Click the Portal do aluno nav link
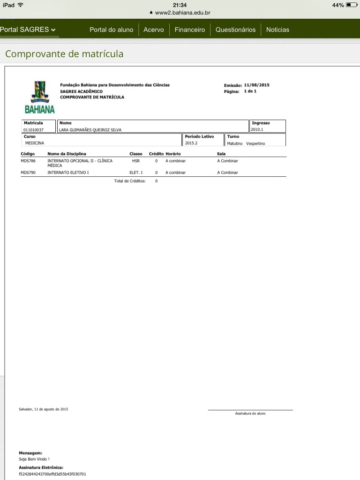coord(111,30)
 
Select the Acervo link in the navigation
coord(154,30)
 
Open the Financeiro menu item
coord(189,30)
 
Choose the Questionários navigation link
coord(235,30)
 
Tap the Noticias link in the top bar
coord(277,30)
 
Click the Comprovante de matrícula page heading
coord(64,54)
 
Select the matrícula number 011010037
coord(33,130)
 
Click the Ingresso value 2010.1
coord(257,129)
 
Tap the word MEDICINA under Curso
coord(35,143)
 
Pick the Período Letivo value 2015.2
coord(191,143)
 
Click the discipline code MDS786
coord(28,161)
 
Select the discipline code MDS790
coord(28,172)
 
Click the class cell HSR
coord(136,161)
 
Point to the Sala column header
coord(221,154)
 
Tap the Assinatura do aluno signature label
coord(250,413)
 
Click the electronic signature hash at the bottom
coord(52,474)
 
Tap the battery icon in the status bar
coord(352,5)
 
